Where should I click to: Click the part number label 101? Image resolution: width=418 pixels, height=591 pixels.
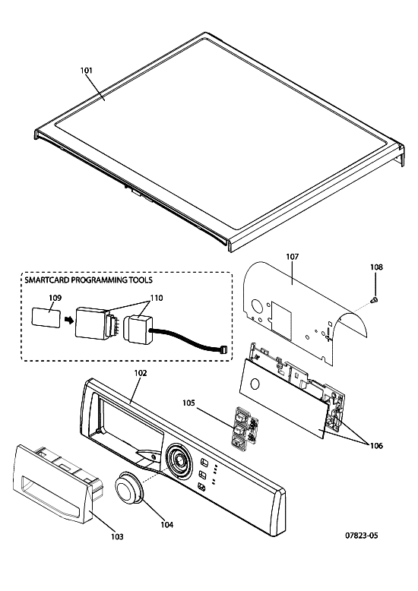[87, 70]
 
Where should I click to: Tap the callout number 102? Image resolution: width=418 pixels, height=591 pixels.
[141, 373]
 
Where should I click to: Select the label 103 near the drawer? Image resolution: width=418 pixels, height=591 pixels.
[117, 536]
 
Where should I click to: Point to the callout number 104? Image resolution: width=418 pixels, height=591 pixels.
[166, 524]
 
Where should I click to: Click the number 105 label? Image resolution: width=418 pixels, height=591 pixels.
[188, 403]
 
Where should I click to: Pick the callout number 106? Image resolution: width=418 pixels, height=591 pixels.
[375, 446]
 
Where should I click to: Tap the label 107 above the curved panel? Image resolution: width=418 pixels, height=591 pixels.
[293, 257]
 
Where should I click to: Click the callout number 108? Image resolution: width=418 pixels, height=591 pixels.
[376, 267]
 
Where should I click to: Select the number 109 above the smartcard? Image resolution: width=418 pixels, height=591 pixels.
[55, 298]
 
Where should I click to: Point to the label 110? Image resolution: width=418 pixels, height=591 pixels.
[157, 298]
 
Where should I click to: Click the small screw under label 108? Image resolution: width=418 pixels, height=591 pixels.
[375, 299]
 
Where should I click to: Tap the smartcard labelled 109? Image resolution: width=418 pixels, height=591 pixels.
[46, 318]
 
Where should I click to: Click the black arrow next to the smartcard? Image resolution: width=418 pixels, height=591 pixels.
[68, 320]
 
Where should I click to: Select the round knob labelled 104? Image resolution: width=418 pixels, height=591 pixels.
[128, 488]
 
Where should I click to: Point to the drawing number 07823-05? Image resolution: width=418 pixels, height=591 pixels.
[362, 536]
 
